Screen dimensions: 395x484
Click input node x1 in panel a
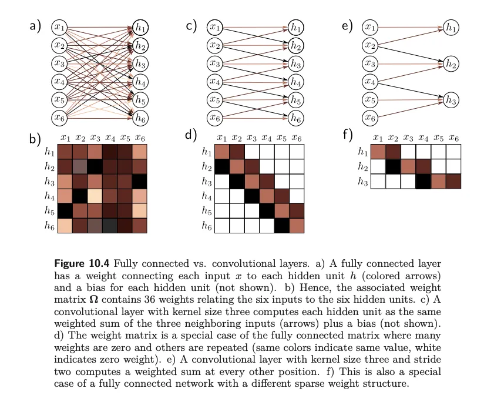click(60, 27)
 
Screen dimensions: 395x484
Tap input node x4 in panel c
click(216, 82)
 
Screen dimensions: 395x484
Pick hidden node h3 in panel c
click(296, 63)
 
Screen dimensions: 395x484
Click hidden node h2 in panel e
click(451, 63)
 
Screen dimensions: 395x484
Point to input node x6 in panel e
click(370, 118)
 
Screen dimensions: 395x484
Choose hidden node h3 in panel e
click(451, 100)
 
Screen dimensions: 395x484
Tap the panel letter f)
click(348, 135)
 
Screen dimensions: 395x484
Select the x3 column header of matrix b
click(95, 138)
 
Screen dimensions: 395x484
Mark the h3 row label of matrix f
click(363, 182)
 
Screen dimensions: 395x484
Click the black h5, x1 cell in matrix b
click(64, 210)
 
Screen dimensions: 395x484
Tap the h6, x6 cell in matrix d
click(297, 225)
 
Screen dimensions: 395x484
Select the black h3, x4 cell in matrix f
click(423, 182)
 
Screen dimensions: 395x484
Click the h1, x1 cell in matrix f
click(379, 152)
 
